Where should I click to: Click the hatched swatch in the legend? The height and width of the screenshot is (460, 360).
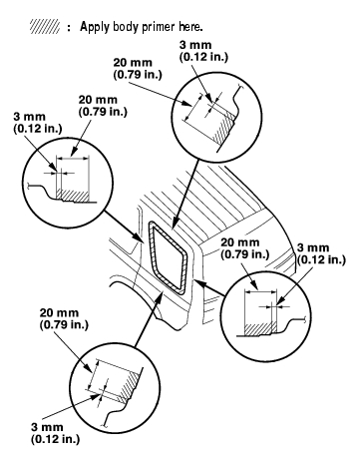[x=45, y=26]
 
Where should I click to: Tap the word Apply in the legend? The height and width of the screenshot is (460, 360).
[x=95, y=27]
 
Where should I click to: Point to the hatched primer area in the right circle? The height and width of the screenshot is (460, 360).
[x=260, y=328]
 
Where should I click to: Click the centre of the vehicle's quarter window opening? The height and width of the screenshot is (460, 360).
[x=169, y=255]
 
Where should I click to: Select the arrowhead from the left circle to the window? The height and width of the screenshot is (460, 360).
[x=140, y=237]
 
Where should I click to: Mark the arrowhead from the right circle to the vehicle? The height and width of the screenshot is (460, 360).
[x=198, y=282]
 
